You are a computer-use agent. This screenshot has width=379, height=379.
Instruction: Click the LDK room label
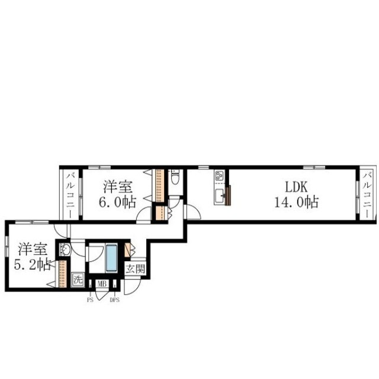tap(296, 187)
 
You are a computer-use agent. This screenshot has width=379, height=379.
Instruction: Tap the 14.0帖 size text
tap(296, 202)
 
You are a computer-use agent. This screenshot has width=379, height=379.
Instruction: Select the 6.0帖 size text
tap(117, 202)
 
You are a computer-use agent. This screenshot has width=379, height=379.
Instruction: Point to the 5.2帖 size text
tap(33, 265)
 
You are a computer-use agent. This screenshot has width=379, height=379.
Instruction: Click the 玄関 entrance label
tap(136, 268)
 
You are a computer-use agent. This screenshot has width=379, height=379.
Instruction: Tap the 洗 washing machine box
tap(78, 280)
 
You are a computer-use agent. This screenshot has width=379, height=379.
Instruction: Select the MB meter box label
tap(102, 284)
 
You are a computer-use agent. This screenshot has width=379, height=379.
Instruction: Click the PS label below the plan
tap(90, 300)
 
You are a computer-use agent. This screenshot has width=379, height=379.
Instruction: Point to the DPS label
tap(114, 300)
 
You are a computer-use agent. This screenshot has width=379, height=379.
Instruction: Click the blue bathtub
tap(111, 258)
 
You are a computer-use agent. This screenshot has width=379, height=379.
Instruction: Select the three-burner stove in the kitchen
tap(220, 176)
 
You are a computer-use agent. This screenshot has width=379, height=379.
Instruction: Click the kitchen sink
tap(220, 197)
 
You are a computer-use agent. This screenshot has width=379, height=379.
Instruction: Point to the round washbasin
tap(65, 249)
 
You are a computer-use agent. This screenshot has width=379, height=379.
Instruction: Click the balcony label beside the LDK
tap(368, 195)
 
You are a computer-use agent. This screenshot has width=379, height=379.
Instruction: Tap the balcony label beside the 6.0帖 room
tap(71, 195)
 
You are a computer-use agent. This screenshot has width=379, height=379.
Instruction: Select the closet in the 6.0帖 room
tap(159, 185)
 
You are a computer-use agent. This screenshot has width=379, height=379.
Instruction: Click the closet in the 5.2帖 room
tap(62, 274)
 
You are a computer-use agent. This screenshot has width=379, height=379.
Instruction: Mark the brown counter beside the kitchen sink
tap(228, 195)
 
